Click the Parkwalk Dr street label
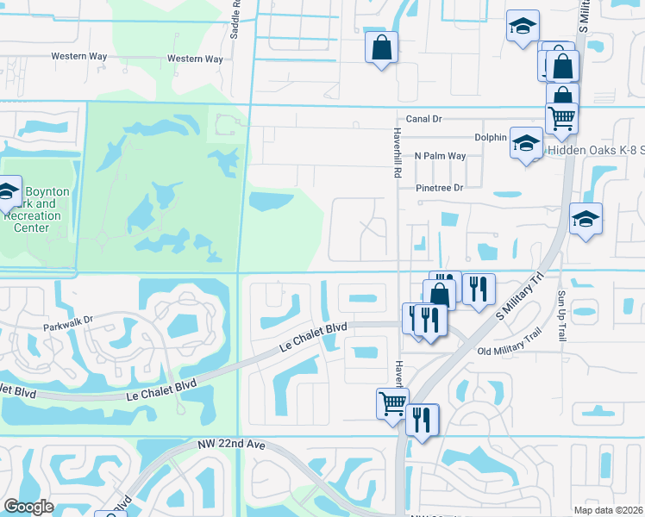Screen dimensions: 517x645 click(x=67, y=328)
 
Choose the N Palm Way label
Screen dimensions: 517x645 click(x=440, y=156)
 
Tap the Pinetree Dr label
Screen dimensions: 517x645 click(x=440, y=187)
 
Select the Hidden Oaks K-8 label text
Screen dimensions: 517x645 click(x=595, y=149)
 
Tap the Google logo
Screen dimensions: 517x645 click(x=28, y=507)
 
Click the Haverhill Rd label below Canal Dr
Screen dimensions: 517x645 click(x=398, y=147)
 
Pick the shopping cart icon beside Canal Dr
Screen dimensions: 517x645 click(x=561, y=117)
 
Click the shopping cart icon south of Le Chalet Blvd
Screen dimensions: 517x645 click(x=392, y=402)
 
